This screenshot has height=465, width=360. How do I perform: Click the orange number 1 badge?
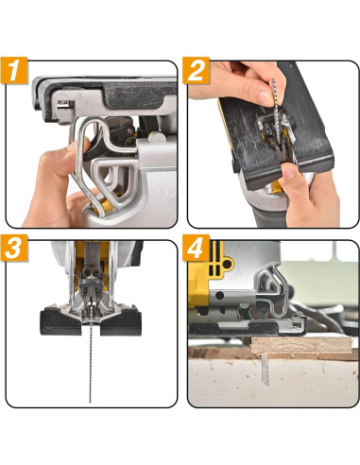[14, 70]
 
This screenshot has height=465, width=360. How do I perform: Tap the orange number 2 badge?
[196, 70]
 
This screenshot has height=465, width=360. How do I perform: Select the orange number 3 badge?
[14, 248]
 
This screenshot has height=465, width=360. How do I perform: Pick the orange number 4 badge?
[196, 248]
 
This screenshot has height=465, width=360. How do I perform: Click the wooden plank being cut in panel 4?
[301, 345]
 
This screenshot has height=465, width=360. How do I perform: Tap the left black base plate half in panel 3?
[60, 323]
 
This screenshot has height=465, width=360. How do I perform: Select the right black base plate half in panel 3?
[121, 323]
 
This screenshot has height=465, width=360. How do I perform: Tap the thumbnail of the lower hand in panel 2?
[289, 171]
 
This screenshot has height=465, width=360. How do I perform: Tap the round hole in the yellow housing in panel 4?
[228, 264]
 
